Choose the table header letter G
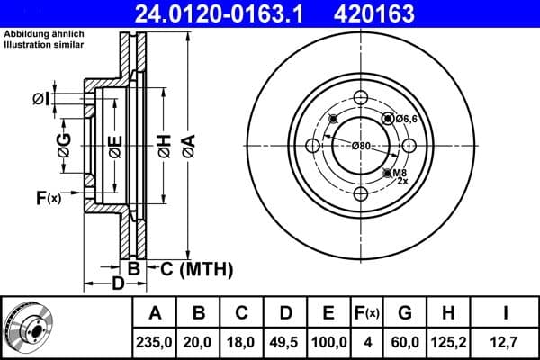tap(405, 313)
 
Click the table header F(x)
tap(366, 313)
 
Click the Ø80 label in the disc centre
tap(361, 146)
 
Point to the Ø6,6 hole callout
tap(403, 118)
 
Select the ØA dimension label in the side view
tap(186, 145)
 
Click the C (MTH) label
tap(196, 268)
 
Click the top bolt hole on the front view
tap(361, 101)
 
